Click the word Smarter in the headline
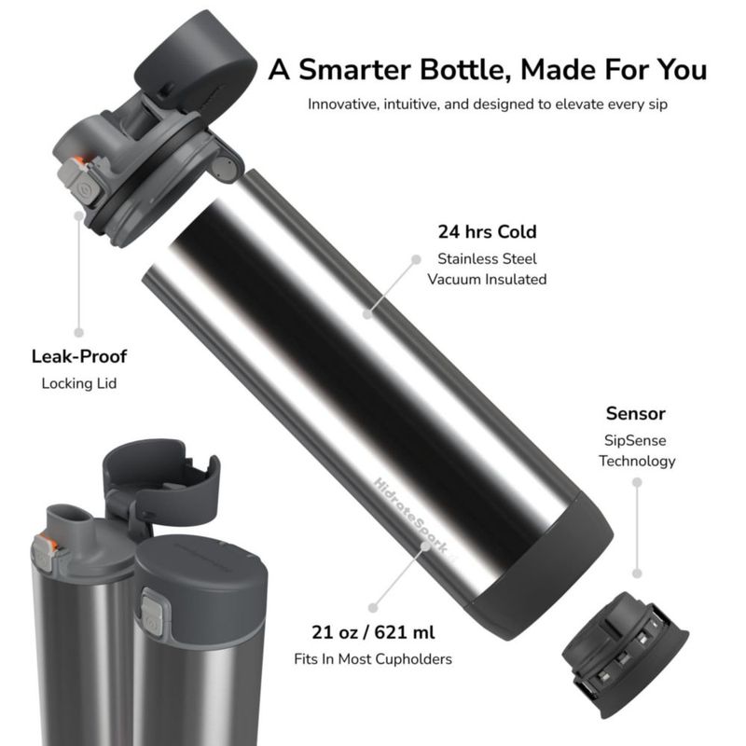point(354,69)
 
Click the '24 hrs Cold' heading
point(487,231)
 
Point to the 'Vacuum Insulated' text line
point(487,279)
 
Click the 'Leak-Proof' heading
point(79,356)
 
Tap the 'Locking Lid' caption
point(79,383)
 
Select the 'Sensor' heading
point(636,413)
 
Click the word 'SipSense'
point(635,440)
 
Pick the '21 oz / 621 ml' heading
point(373,632)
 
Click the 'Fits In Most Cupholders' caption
point(373,659)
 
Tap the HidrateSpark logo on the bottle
point(412,518)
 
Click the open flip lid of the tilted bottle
point(196,62)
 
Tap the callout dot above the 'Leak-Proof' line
point(79,216)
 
